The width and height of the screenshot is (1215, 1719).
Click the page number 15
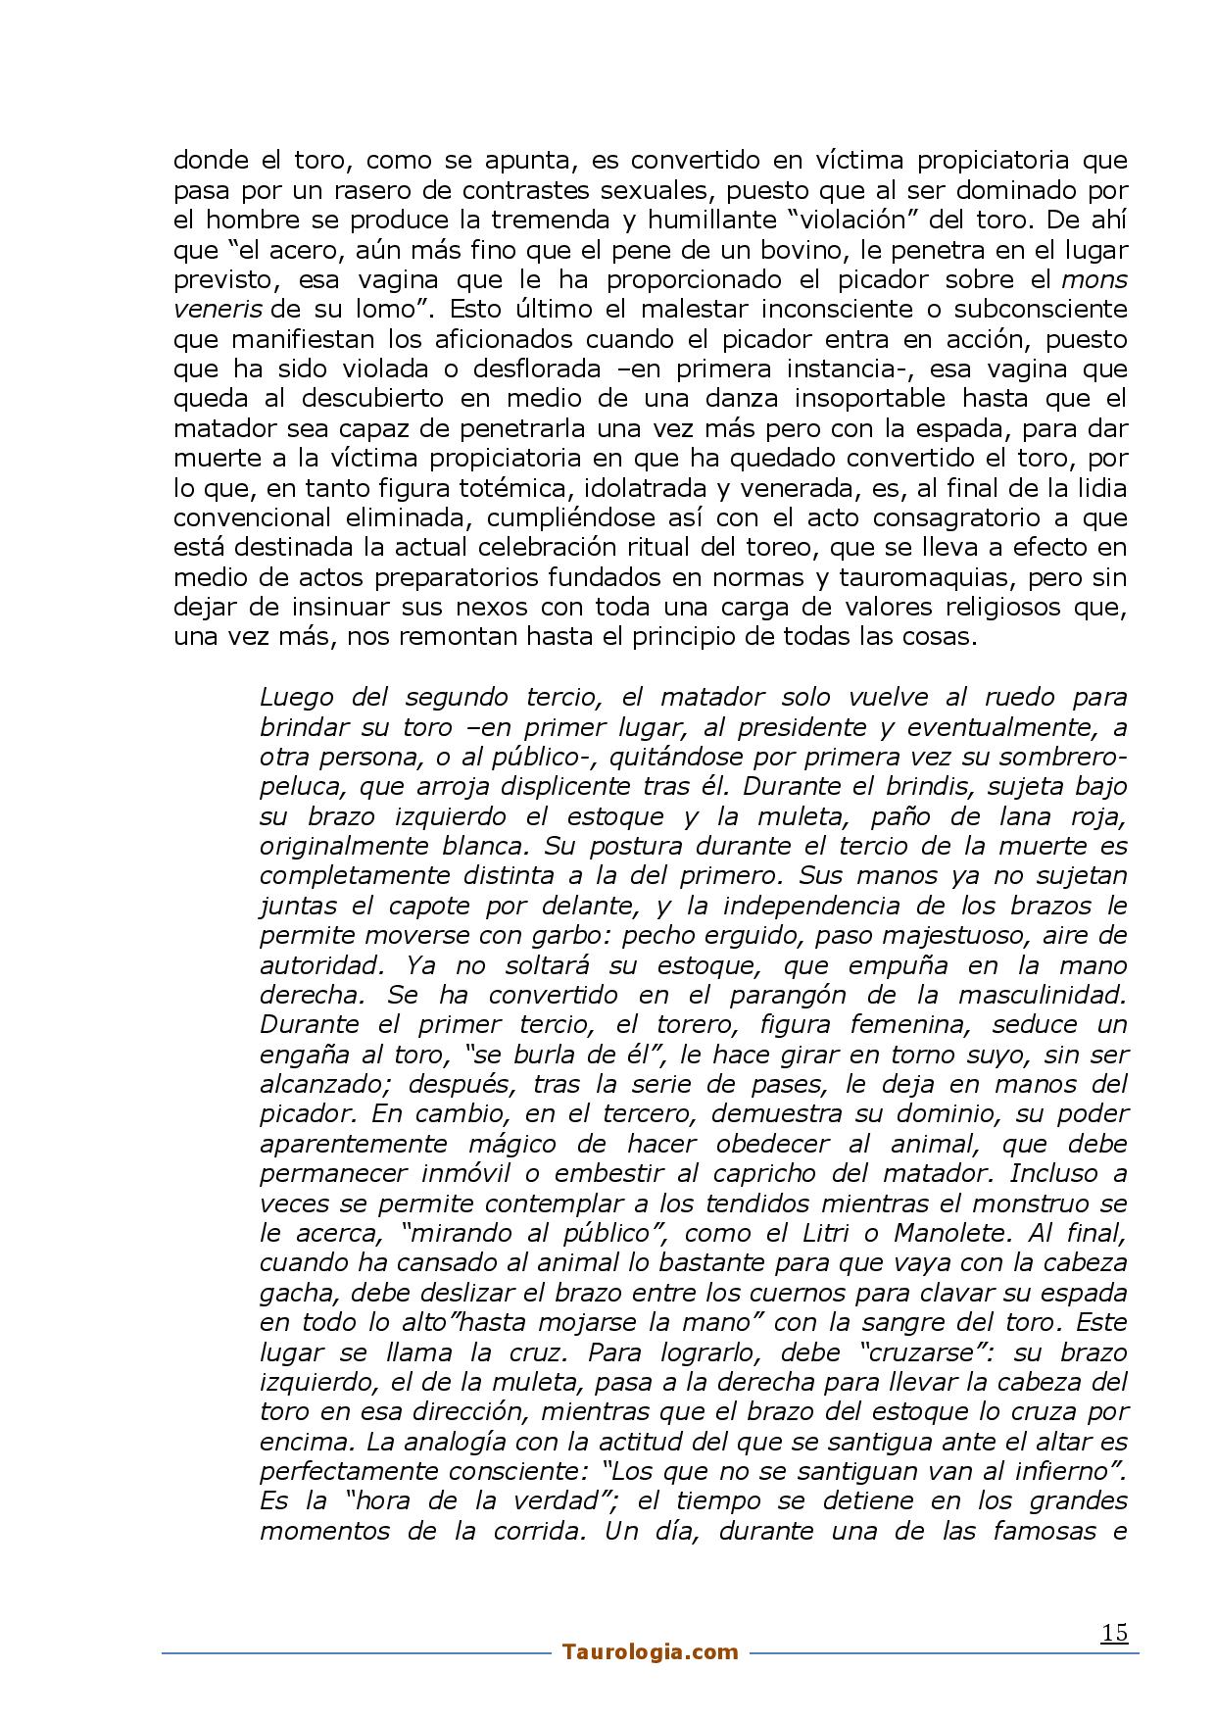point(1114,1633)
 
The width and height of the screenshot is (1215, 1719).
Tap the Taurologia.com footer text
point(651,1652)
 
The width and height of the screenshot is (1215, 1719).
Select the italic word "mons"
point(1094,279)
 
